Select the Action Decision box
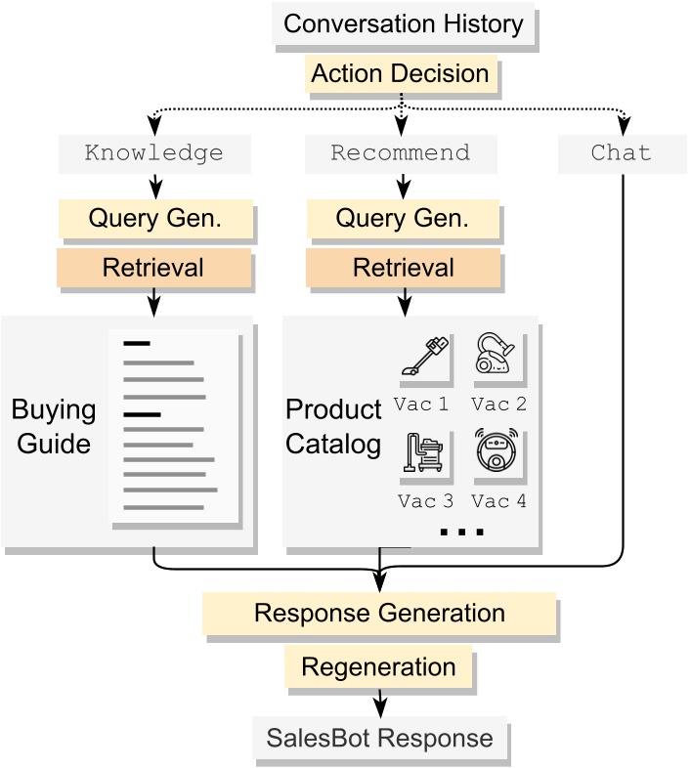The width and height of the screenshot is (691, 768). pos(401,74)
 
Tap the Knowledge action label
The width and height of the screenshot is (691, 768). pos(154,153)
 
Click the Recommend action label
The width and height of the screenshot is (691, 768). pos(401,153)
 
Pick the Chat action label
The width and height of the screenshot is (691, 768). pos(621,153)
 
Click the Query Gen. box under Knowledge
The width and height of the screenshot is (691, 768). pos(154,218)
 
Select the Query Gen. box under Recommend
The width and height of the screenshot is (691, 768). pos(401,218)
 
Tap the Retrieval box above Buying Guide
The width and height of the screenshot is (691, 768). pos(154,267)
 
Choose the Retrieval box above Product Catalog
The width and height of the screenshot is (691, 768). pos(401,267)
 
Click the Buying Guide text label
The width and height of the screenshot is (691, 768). pos(54,427)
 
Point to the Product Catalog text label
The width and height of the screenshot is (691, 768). pos(333,427)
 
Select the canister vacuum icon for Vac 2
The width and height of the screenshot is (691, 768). pos(497,357)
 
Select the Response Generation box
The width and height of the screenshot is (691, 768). pos(379,614)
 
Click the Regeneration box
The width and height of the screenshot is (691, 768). pos(378,668)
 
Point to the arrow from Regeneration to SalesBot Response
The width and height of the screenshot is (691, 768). pos(379,703)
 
